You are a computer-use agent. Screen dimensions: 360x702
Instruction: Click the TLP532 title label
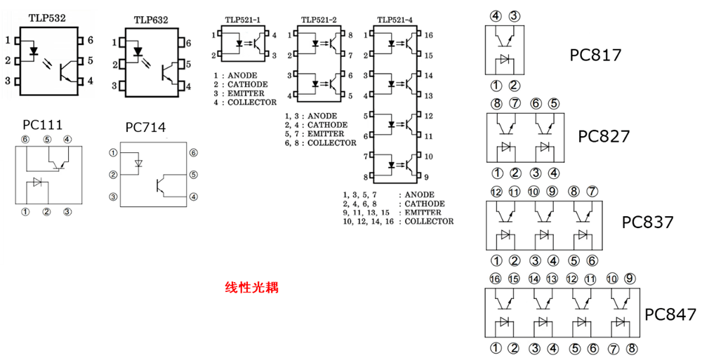click(x=47, y=17)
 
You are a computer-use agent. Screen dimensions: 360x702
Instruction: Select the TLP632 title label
click(x=150, y=20)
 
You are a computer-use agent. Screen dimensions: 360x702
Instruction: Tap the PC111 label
click(x=43, y=124)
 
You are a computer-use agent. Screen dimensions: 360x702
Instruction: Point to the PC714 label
click(x=145, y=127)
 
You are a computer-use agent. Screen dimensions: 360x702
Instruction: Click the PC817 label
click(x=596, y=55)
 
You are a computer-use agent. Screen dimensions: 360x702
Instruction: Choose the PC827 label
click(x=604, y=135)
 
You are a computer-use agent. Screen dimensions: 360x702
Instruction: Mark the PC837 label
click(x=647, y=222)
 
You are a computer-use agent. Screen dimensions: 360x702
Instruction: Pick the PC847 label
click(x=670, y=314)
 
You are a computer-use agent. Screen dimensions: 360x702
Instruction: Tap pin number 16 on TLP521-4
click(x=428, y=34)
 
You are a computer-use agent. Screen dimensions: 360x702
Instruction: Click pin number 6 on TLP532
click(x=90, y=41)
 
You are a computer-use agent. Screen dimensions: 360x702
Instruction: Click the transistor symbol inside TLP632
click(x=169, y=71)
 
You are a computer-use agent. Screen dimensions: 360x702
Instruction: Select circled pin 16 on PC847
click(x=496, y=279)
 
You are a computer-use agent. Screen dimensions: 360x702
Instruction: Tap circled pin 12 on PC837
click(x=496, y=191)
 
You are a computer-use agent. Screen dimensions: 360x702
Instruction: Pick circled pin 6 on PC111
click(x=26, y=139)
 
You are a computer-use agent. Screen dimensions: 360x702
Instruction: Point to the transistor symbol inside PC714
click(x=162, y=185)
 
